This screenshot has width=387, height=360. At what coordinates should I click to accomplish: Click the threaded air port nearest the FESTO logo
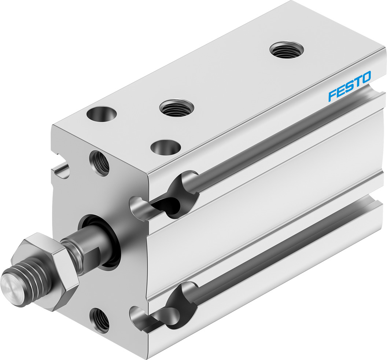(287, 50)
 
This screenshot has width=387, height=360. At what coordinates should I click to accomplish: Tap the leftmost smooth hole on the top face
(101, 113)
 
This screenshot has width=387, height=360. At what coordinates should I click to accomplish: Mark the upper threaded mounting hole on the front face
(99, 163)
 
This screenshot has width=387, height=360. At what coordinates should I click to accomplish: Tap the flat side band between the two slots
(264, 205)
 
